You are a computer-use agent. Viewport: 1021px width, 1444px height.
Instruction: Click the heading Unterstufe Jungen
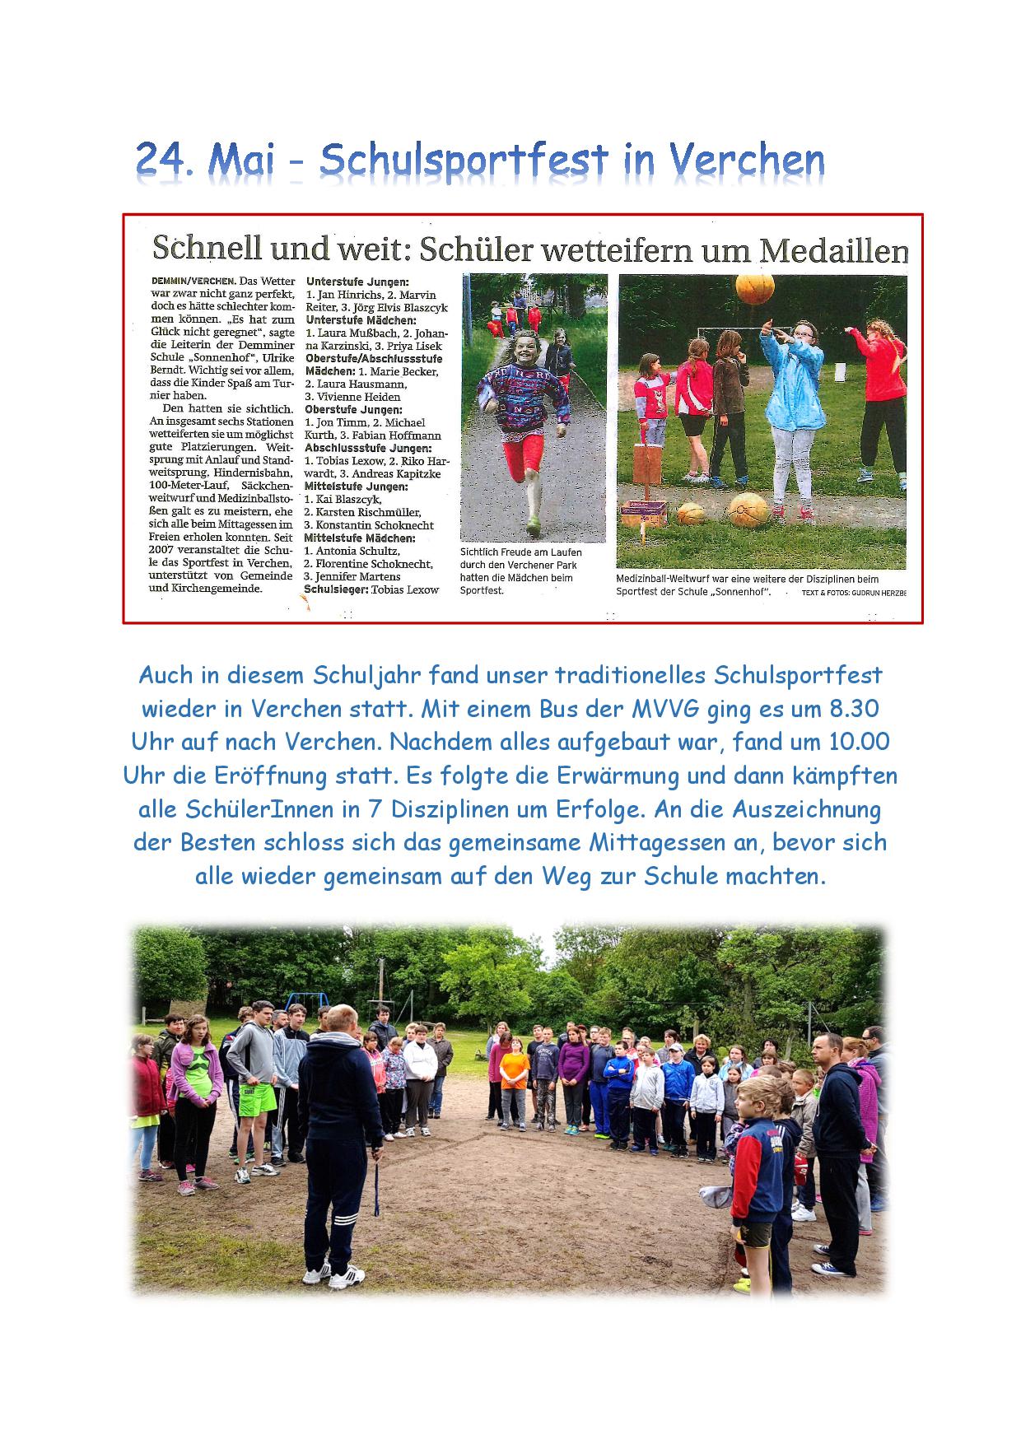point(351,282)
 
